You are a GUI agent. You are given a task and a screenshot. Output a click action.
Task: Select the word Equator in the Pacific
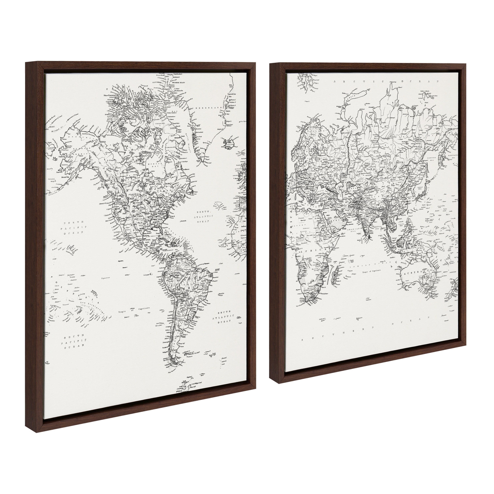[105, 277]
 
